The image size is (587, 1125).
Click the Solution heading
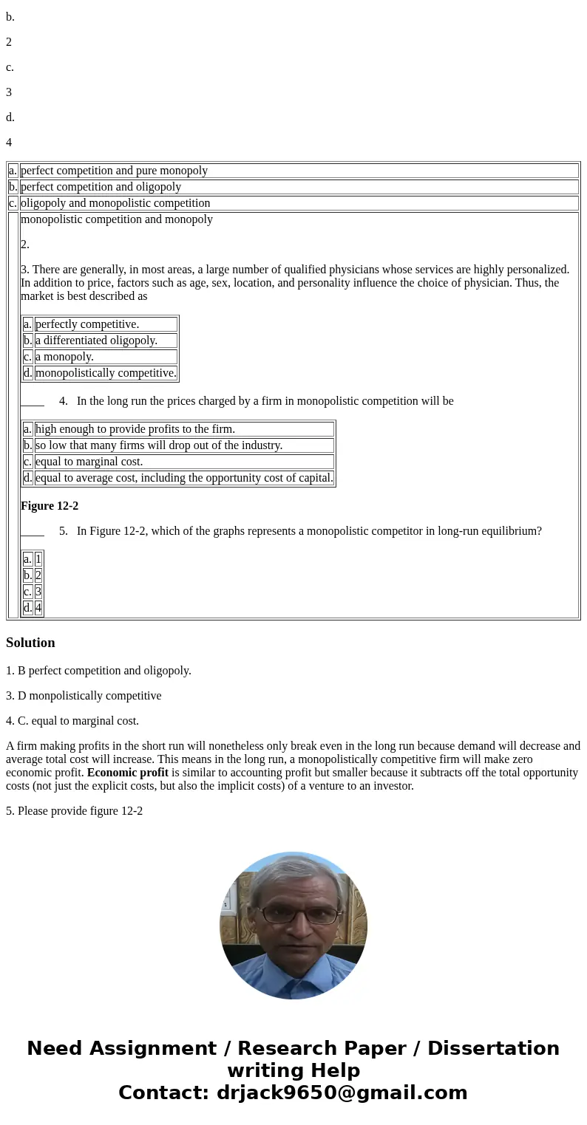[x=30, y=643]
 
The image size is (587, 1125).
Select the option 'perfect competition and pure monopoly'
[x=114, y=171]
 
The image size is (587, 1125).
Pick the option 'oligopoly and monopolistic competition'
[x=115, y=203]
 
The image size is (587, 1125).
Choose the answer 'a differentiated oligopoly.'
[x=96, y=341]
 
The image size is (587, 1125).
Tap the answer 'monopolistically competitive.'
[x=106, y=373]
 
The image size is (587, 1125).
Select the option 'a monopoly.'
[x=64, y=357]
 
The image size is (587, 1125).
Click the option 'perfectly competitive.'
[x=87, y=324]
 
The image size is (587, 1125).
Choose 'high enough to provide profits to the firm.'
[x=135, y=429]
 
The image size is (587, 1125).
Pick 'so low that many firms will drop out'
[x=159, y=445]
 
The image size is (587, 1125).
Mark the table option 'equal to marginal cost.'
[x=89, y=462]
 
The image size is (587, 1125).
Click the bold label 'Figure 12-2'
[x=50, y=506]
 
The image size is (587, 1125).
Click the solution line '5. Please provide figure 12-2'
[x=74, y=811]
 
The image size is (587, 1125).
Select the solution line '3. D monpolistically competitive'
[x=84, y=696]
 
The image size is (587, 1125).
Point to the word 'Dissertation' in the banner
[x=493, y=1049]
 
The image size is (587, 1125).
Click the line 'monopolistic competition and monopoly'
[x=117, y=219]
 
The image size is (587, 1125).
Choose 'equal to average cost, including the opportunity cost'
[x=184, y=478]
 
